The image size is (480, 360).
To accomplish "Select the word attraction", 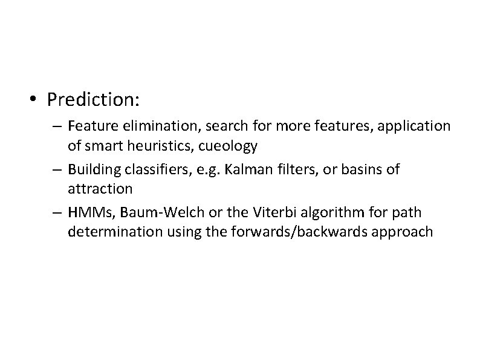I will point(100,188).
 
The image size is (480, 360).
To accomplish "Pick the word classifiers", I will point(151,170).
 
